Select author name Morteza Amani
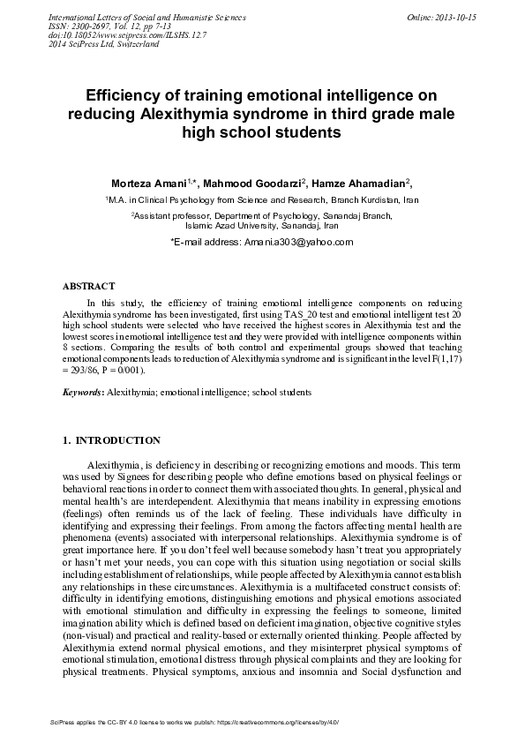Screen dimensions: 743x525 point(148,183)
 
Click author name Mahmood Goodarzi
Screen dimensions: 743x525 point(256,183)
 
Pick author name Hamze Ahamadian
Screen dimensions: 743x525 point(359,183)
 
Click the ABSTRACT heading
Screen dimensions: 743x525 point(88,287)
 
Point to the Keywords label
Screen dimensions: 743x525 point(82,390)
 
